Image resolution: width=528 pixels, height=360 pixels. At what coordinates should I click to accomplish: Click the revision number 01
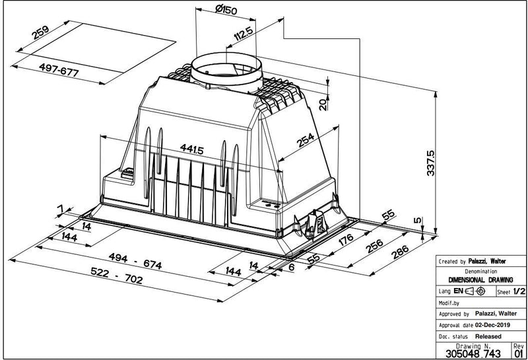(x=518, y=353)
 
